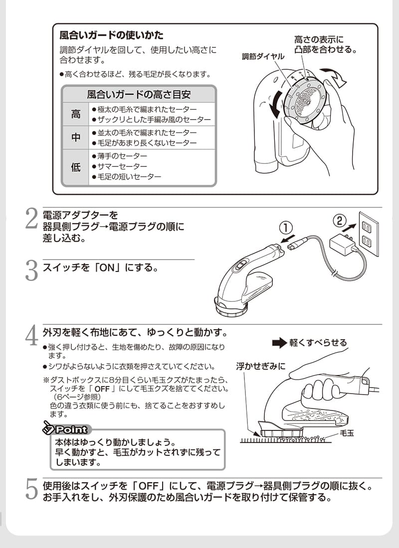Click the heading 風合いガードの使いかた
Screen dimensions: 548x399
(x=111, y=36)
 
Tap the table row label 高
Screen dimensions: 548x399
(x=75, y=114)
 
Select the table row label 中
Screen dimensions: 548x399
(x=75, y=137)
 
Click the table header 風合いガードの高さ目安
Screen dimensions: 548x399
(x=139, y=94)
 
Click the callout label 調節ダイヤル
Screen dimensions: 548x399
(x=263, y=57)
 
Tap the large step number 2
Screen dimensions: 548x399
(x=31, y=220)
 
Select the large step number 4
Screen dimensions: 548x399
(x=31, y=336)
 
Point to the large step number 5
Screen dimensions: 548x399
(x=31, y=489)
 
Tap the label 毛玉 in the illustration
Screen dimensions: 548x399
(x=347, y=433)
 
